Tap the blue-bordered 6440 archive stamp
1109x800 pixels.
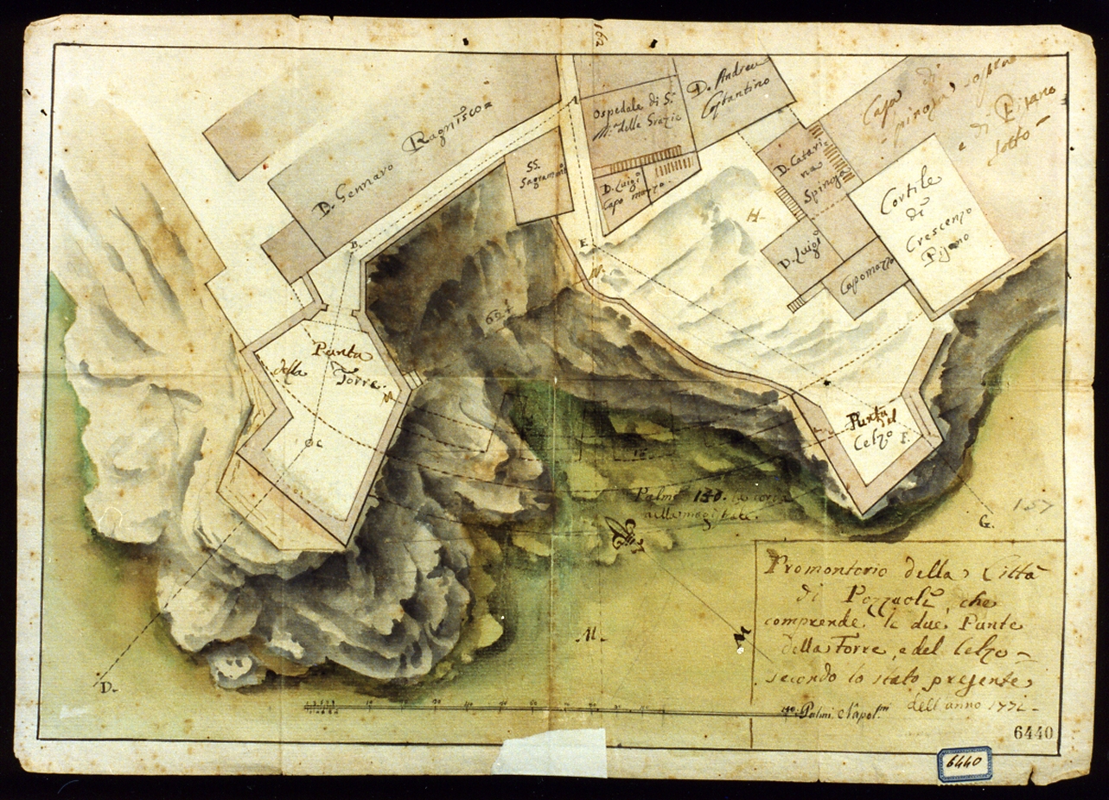point(964,764)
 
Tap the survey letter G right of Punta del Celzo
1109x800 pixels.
point(986,524)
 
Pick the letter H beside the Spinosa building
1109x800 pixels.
point(753,218)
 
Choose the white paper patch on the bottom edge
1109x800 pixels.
point(549,752)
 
